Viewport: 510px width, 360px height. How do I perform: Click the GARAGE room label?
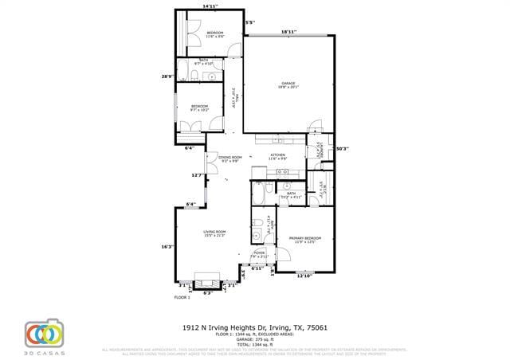pos(288,84)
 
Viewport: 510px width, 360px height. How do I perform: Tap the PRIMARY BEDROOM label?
pos(304,238)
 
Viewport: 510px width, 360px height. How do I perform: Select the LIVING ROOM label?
pos(214,232)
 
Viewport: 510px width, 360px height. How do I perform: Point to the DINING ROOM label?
pos(229,157)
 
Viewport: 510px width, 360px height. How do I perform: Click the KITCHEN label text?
pos(277,155)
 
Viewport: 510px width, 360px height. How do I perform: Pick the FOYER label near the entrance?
pos(259,252)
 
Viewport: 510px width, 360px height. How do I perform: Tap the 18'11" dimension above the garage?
pos(288,32)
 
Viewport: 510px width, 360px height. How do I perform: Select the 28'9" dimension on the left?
pos(166,76)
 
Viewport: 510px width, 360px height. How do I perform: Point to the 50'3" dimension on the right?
pos(342,148)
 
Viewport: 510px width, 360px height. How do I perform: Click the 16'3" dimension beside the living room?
pos(167,246)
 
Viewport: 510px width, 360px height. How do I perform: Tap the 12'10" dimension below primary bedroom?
pos(304,276)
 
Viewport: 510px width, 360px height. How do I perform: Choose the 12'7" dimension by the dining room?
pos(197,175)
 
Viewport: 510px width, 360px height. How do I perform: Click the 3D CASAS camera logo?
pos(44,332)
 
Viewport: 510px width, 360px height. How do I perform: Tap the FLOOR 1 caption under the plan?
pos(182,297)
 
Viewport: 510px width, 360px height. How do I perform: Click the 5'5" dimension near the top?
pos(249,22)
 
